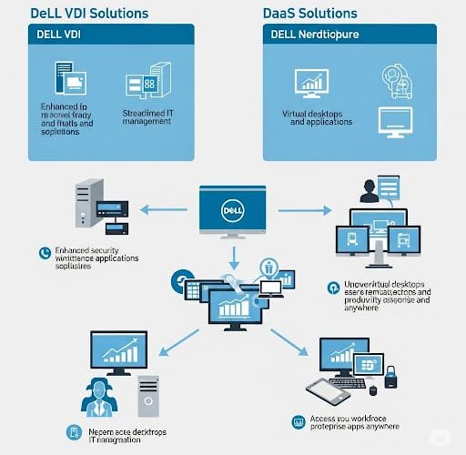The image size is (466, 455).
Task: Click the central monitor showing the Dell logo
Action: (x=233, y=212)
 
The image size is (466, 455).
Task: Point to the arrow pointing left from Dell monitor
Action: (x=168, y=211)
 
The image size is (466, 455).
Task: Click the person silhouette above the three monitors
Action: (x=369, y=191)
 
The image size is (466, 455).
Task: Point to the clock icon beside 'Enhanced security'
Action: (x=43, y=252)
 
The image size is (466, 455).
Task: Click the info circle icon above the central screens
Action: (x=269, y=267)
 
